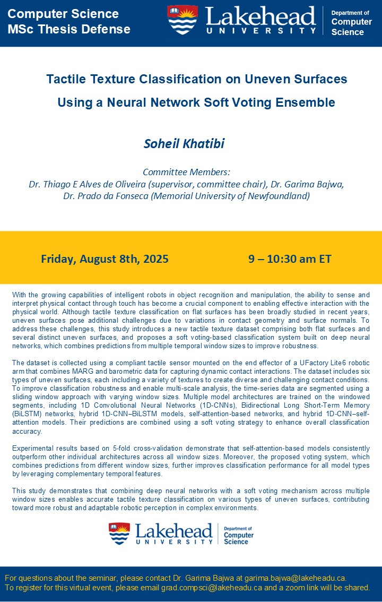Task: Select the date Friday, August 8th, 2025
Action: coord(105,259)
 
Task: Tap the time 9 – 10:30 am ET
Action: coord(290,259)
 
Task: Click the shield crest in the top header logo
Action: coord(183,20)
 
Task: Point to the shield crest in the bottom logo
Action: coord(119,534)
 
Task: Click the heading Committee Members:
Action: coord(186,172)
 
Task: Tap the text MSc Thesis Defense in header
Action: coord(69,29)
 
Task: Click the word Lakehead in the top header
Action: coord(260,17)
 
